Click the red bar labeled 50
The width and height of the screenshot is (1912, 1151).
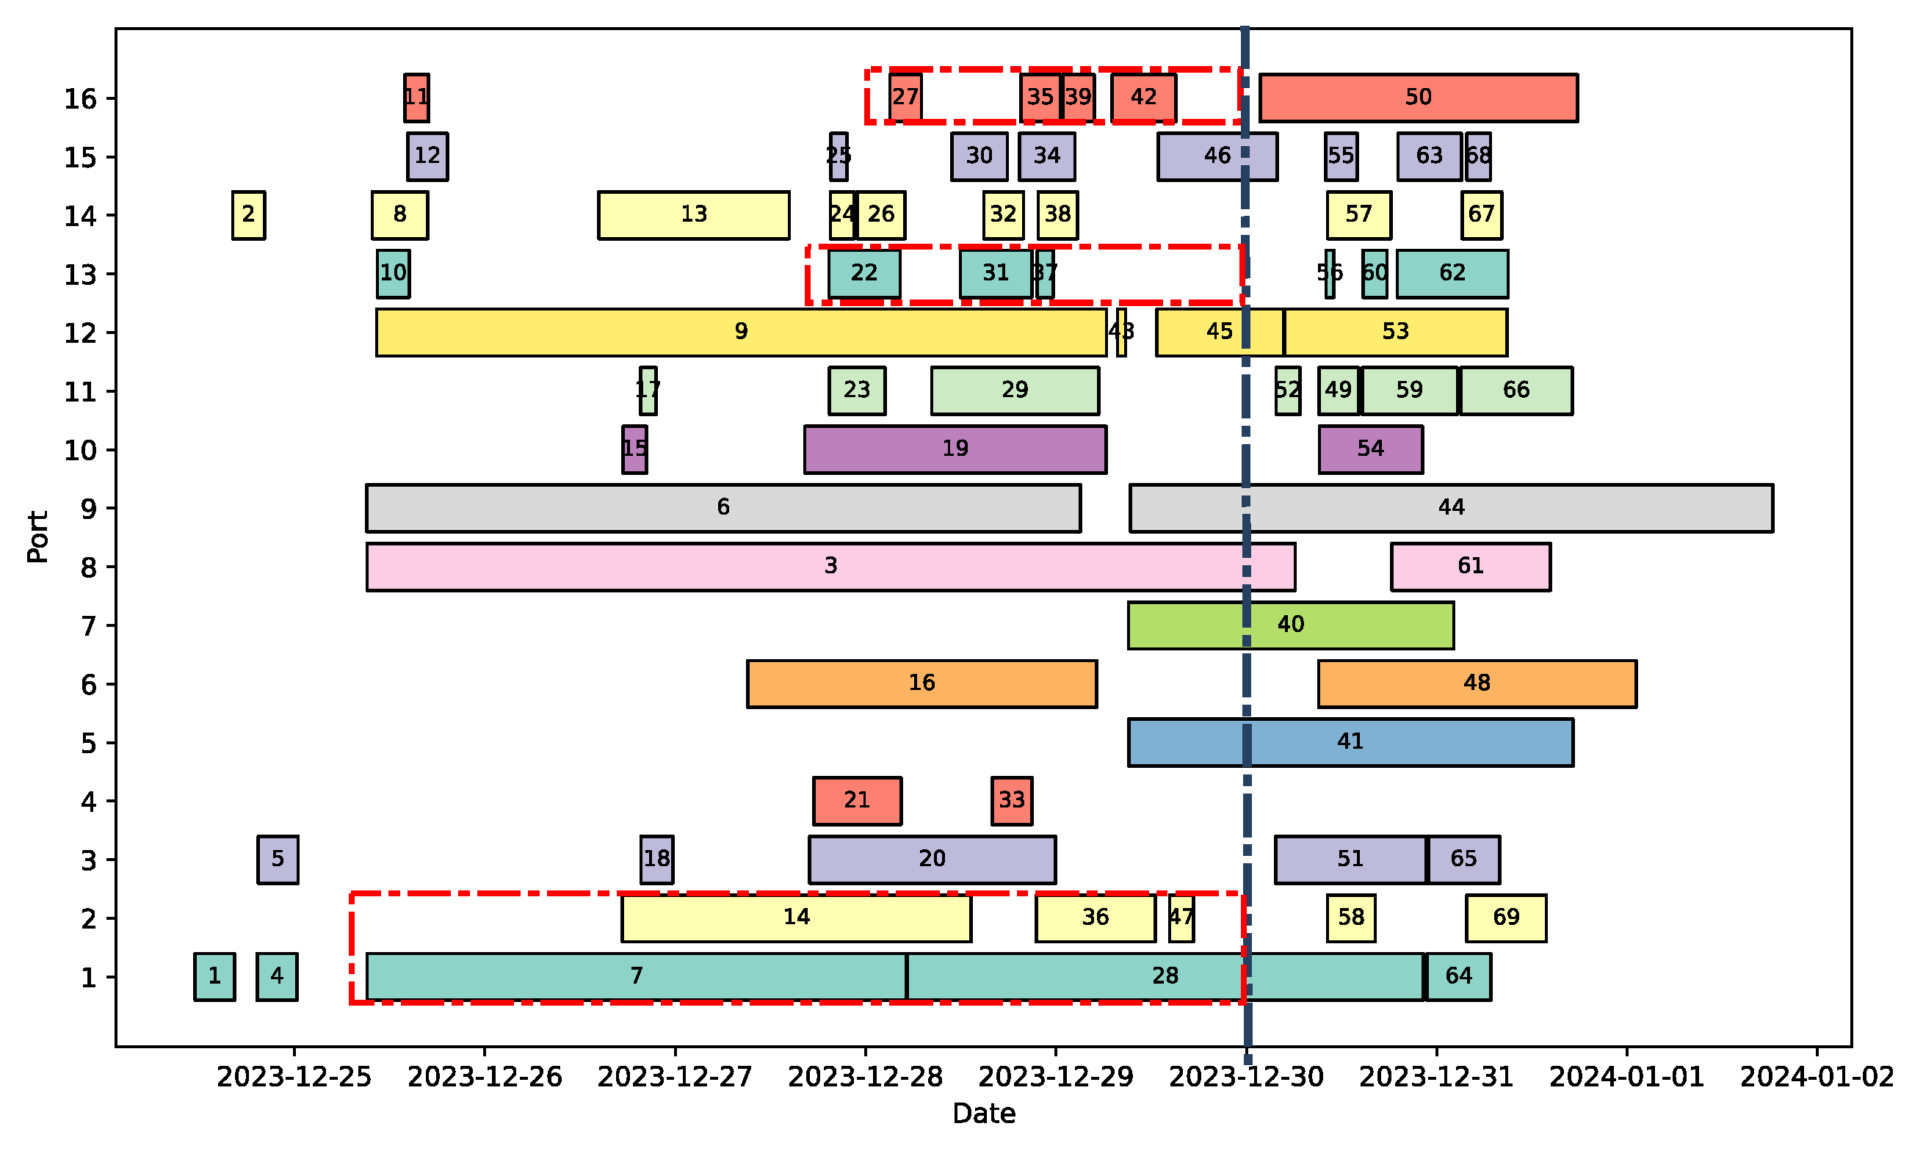(x=1417, y=98)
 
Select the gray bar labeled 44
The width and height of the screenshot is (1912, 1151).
(x=1449, y=508)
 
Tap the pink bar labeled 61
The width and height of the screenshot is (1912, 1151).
(x=1470, y=567)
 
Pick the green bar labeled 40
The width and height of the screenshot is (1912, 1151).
(x=1290, y=625)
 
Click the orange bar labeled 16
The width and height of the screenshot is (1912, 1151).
(x=921, y=684)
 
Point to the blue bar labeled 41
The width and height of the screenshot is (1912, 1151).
(x=1350, y=742)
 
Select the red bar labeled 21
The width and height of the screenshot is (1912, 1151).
(x=856, y=801)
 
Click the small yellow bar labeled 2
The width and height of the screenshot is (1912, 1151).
(x=248, y=215)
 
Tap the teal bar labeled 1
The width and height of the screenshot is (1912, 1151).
(x=214, y=976)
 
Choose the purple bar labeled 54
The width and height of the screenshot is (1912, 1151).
(x=1370, y=450)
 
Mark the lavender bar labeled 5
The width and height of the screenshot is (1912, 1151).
(x=278, y=860)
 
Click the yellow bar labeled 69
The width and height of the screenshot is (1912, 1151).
(x=1504, y=918)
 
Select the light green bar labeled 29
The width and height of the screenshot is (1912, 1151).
(x=1014, y=391)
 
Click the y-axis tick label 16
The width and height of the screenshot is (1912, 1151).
(x=80, y=99)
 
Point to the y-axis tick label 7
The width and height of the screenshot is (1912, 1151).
(x=88, y=626)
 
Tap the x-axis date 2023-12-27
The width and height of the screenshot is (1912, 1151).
(x=674, y=1078)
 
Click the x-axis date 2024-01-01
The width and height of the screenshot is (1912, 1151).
(x=1626, y=1078)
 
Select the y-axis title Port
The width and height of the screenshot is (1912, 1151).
(x=37, y=537)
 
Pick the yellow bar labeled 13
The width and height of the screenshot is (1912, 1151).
(x=692, y=215)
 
